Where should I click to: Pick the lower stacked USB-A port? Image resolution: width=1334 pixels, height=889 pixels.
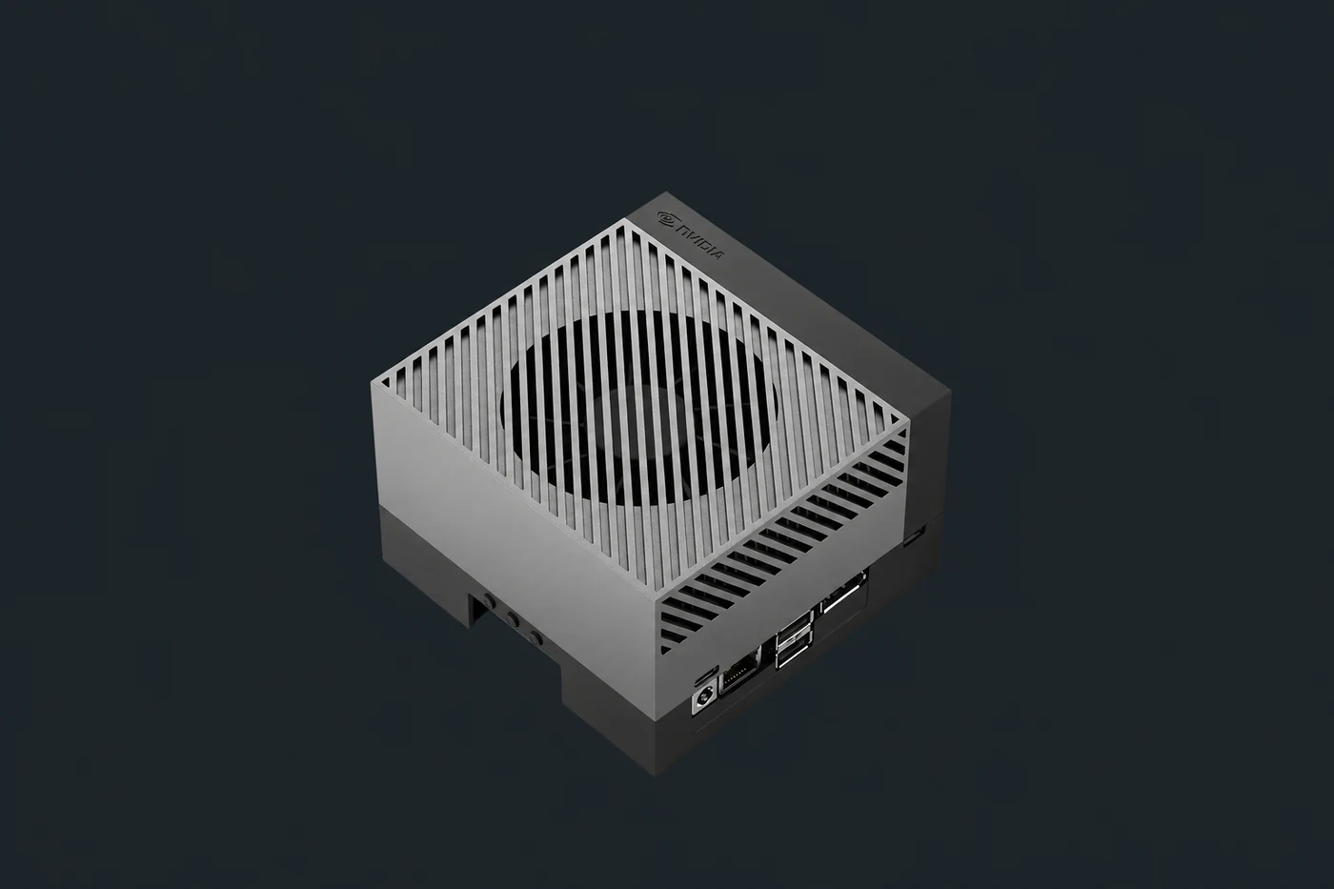click(x=793, y=654)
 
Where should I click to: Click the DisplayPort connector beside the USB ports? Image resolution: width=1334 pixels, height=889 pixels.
click(x=842, y=595)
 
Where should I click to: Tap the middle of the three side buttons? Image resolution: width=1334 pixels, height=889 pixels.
click(x=512, y=619)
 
